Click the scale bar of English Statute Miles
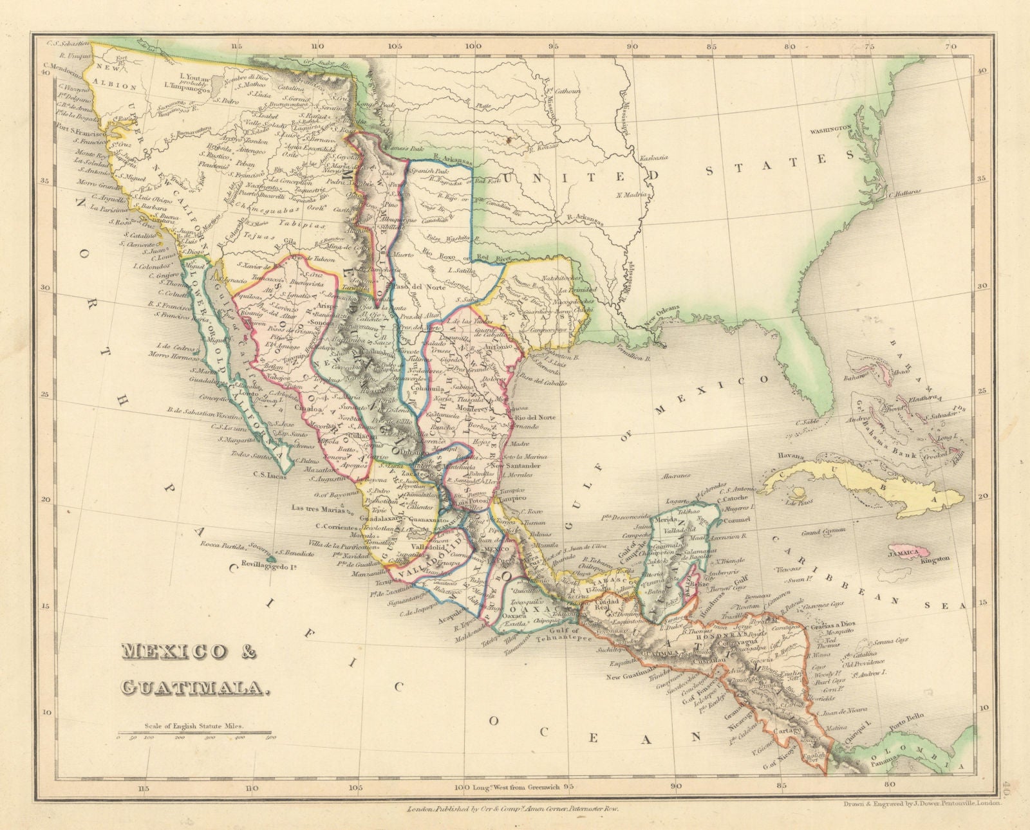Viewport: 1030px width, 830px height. pos(197,732)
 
